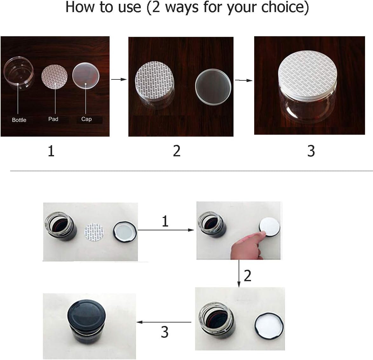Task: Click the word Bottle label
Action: [x=19, y=120]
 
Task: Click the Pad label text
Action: [x=53, y=119]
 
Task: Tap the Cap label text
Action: [x=86, y=119]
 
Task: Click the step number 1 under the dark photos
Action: [x=51, y=151]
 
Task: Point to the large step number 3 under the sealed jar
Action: [x=311, y=151]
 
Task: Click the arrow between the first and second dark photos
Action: [x=119, y=79]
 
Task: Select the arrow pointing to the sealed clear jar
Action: [x=244, y=80]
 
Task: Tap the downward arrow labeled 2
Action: [x=239, y=273]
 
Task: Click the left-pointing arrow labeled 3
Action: [x=164, y=322]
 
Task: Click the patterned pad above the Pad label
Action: [x=54, y=76]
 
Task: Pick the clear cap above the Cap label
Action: [x=86, y=75]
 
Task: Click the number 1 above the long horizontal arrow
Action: [x=165, y=221]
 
